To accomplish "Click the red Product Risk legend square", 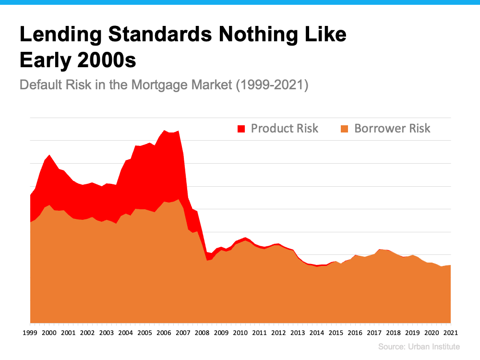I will (x=241, y=129).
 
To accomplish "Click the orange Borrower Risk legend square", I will (x=344, y=129).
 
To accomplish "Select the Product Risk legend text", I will (x=285, y=128).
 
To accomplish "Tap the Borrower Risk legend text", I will (x=392, y=128).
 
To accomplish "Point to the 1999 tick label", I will (x=30, y=333).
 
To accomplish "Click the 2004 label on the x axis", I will (x=125, y=333).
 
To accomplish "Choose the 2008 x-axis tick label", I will (x=202, y=333).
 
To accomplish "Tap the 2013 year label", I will (x=297, y=333).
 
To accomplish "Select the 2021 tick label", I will (x=450, y=333).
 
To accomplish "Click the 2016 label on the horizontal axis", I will (x=355, y=333).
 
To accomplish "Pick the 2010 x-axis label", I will (x=240, y=333).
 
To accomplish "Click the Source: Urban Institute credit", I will (x=419, y=347).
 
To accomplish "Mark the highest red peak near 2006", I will (x=165, y=131).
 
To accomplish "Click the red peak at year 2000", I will (x=49, y=155).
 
